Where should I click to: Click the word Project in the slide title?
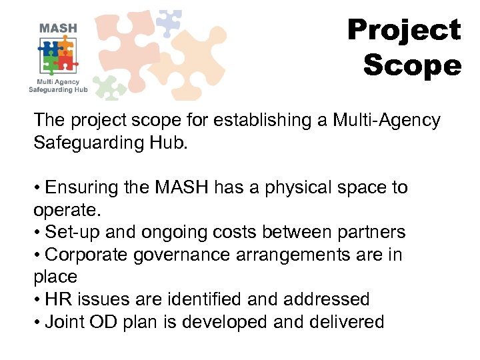[x=404, y=31]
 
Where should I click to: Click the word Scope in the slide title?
[x=412, y=65]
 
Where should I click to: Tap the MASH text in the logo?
[x=58, y=29]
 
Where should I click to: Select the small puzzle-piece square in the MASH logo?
[x=59, y=55]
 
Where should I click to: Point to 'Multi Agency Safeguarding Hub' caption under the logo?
[x=58, y=85]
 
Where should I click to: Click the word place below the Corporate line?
[x=55, y=277]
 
